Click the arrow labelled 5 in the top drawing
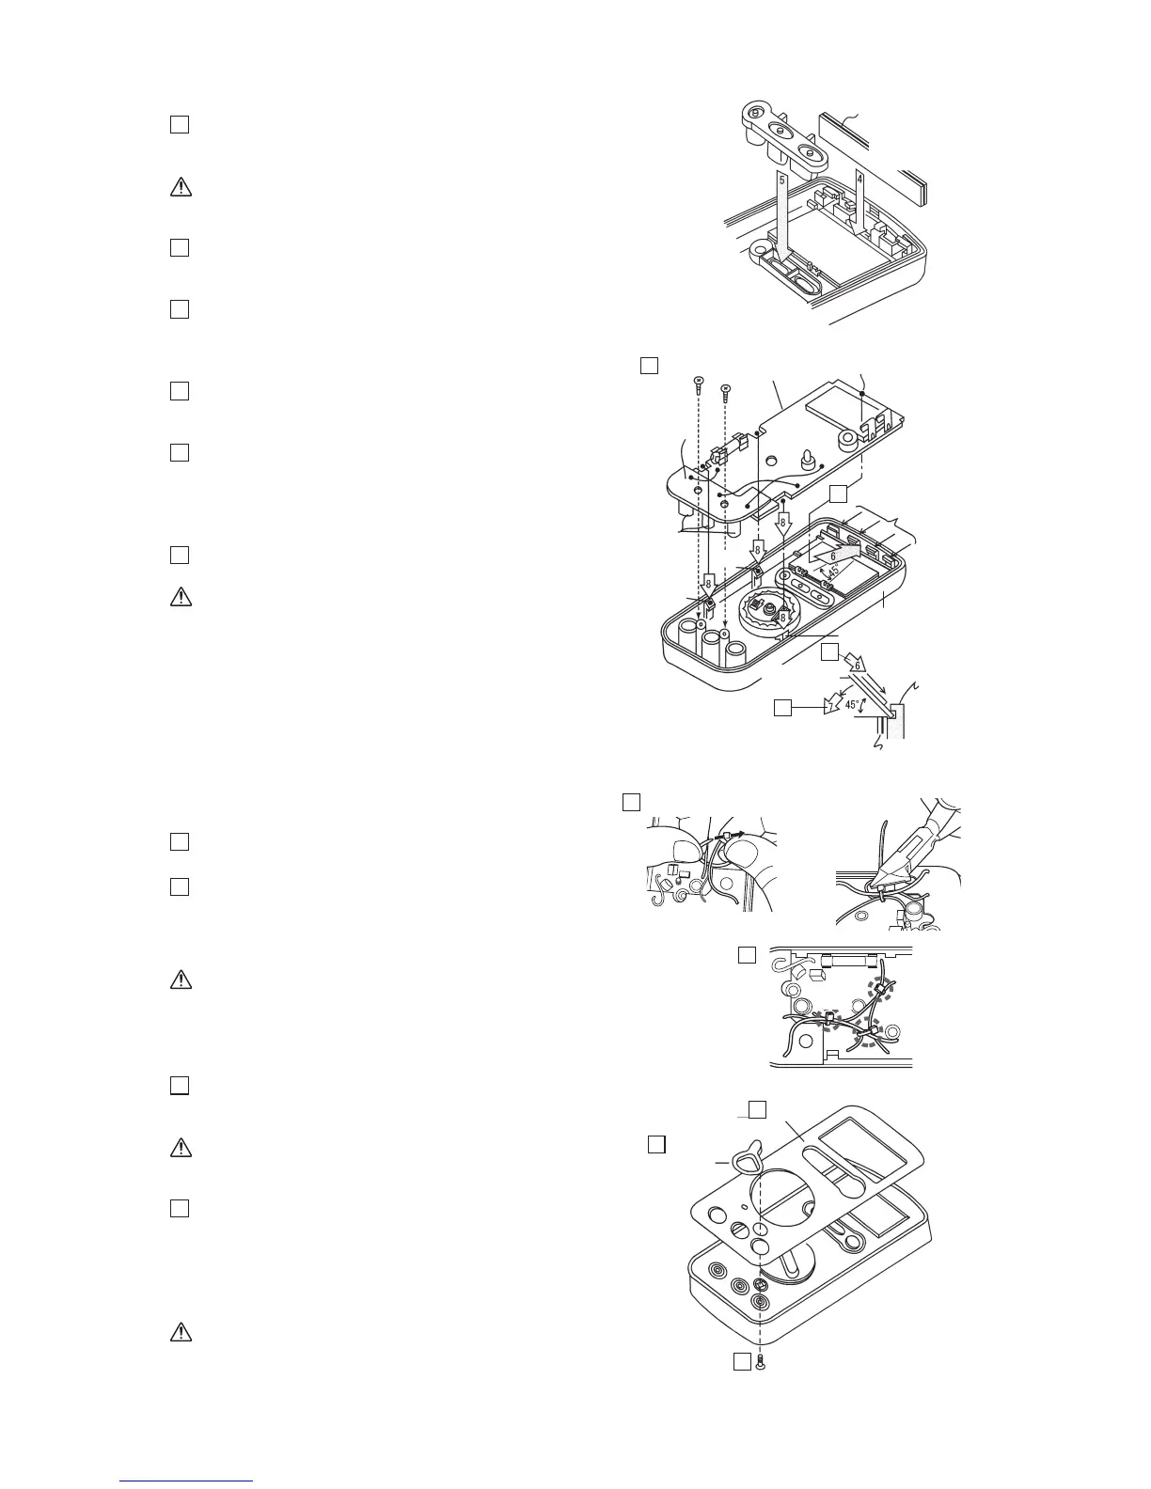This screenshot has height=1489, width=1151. [782, 212]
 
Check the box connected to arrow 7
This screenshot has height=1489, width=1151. [782, 707]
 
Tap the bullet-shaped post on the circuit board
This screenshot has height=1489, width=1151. [806, 460]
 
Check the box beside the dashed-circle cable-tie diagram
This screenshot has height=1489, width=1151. [747, 955]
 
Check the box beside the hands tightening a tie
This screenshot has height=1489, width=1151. [632, 802]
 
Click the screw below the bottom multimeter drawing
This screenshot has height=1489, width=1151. [760, 1361]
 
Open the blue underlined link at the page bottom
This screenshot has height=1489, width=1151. [187, 1481]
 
